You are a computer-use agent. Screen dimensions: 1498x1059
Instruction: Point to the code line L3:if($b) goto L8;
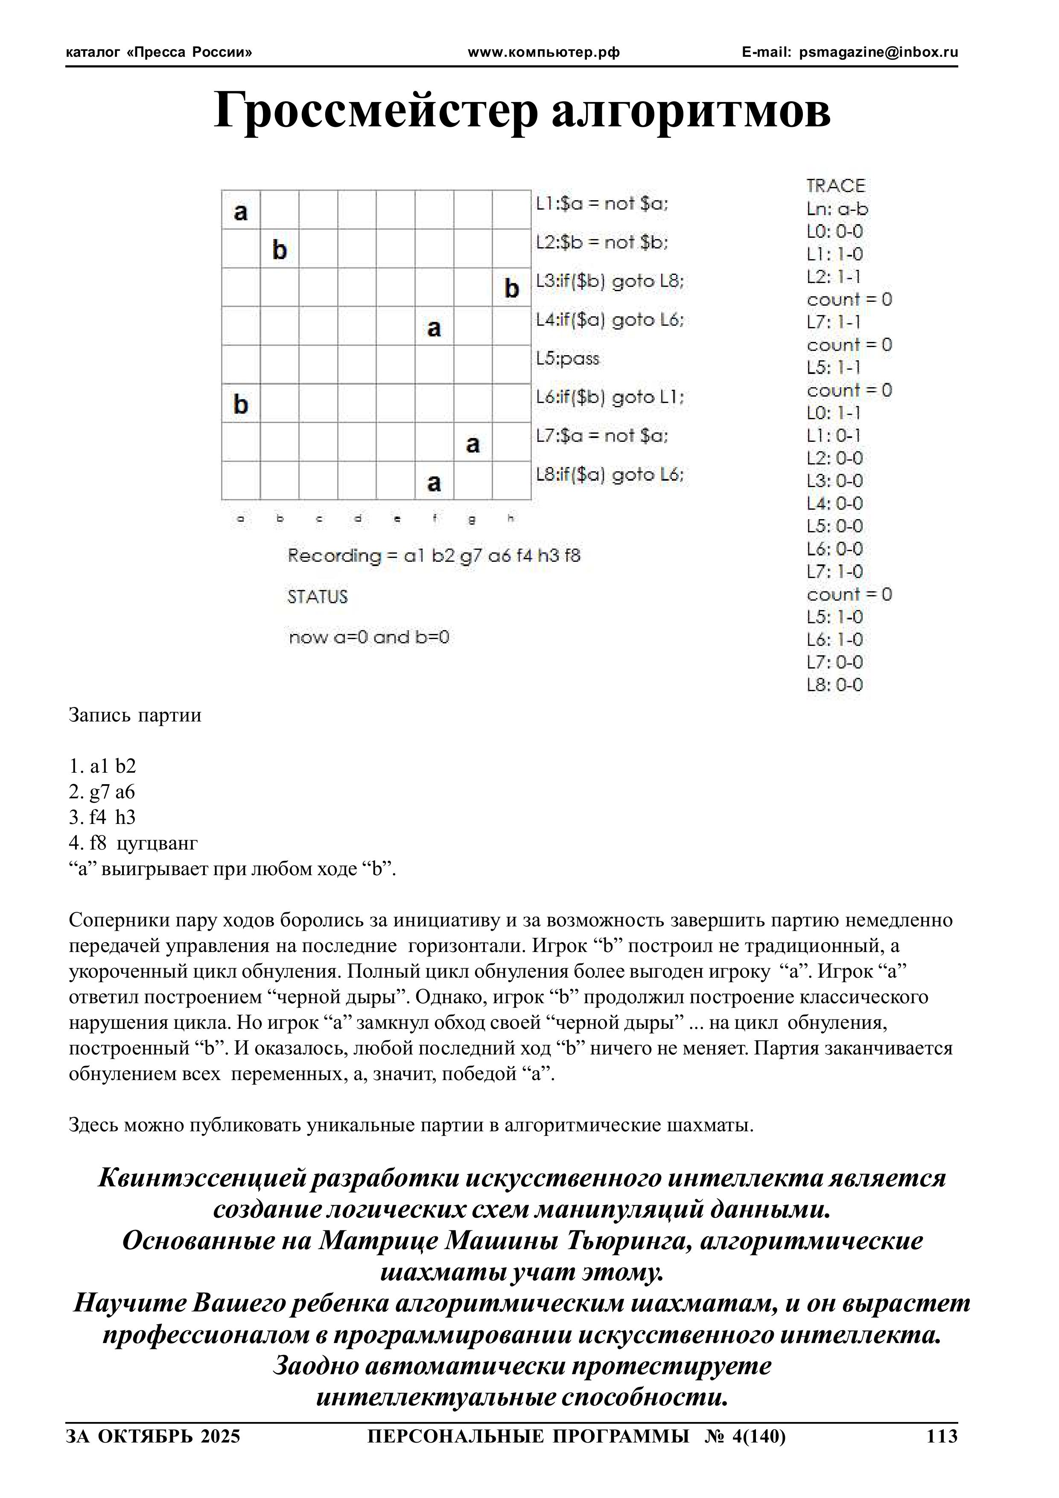click(x=610, y=281)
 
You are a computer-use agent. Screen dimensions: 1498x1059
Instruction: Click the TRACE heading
click(x=835, y=186)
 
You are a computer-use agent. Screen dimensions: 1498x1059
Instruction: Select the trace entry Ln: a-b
click(x=837, y=209)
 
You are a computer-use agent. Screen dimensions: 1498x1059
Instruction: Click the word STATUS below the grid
click(x=318, y=597)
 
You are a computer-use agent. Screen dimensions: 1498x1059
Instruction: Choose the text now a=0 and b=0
click(x=369, y=637)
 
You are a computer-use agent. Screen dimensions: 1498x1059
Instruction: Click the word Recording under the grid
click(x=325, y=556)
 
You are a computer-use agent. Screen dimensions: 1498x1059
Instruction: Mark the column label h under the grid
click(x=511, y=519)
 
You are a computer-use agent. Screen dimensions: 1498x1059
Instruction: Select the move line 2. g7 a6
click(x=102, y=792)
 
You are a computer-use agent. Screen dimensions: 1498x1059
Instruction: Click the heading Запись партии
click(x=135, y=715)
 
